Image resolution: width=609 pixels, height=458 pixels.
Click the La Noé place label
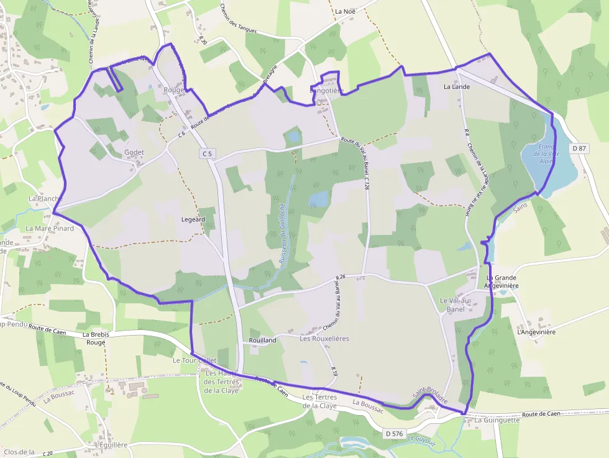[x=345, y=11]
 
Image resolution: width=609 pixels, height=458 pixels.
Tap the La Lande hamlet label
[x=457, y=87]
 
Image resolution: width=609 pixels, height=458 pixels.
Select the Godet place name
[x=134, y=152]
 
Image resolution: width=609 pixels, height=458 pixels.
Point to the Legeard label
[x=193, y=219]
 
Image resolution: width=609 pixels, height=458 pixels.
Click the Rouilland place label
[x=262, y=340]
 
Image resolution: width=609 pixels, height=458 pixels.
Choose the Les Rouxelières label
[x=324, y=339]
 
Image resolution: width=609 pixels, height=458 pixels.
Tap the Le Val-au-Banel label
[x=456, y=305]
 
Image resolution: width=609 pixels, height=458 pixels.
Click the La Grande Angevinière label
[x=502, y=282]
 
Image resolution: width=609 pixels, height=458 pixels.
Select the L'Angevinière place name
[x=536, y=332]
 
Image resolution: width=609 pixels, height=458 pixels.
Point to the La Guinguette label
[x=497, y=420]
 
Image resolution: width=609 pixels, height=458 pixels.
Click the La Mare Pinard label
[x=50, y=228]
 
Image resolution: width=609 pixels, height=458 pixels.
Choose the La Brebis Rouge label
[x=96, y=338]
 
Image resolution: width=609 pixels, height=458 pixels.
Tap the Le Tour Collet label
[x=195, y=360]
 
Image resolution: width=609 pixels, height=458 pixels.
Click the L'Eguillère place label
[x=112, y=445]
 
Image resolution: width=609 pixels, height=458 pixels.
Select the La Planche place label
[x=45, y=198]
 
